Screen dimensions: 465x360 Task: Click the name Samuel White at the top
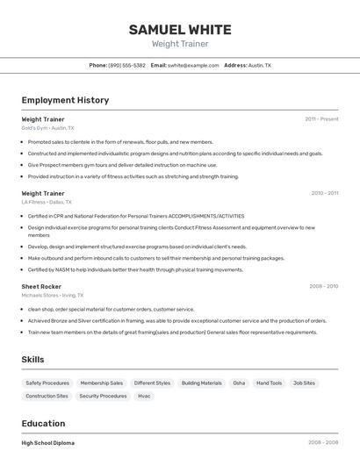click(x=180, y=29)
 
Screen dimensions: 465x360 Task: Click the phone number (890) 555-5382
click(x=127, y=66)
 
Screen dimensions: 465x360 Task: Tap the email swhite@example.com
click(x=193, y=66)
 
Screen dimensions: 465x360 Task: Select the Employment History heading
click(x=65, y=100)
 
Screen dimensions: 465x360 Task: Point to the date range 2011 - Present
click(x=321, y=118)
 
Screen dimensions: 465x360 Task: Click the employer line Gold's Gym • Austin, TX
click(x=48, y=128)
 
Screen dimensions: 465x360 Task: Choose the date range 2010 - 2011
click(x=324, y=193)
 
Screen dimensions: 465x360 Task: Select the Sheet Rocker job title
click(x=41, y=286)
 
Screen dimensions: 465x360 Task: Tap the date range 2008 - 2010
click(x=323, y=286)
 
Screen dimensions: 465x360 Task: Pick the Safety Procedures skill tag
click(x=47, y=383)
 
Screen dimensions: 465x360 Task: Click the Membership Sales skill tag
click(x=102, y=383)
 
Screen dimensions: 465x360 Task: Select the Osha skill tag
click(x=239, y=383)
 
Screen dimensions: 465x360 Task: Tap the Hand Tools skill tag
click(x=270, y=383)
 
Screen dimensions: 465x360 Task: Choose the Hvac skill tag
click(x=144, y=396)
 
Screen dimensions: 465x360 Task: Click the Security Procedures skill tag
click(x=103, y=396)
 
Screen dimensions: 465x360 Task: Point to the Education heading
click(x=43, y=423)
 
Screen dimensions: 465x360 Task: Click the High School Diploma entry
click(x=48, y=443)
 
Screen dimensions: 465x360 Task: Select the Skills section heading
click(x=32, y=360)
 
